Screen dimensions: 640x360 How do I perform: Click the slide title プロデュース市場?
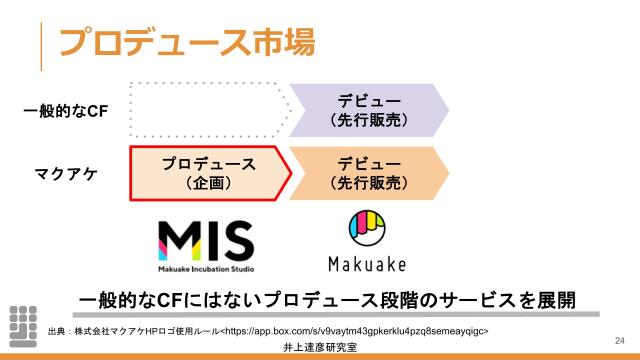(187, 41)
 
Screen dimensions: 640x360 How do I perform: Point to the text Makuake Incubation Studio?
(207, 269)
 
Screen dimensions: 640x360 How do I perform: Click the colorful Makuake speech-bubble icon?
(368, 230)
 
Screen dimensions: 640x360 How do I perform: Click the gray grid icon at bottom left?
(22, 325)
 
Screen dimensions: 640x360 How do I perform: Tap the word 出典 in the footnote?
(56, 330)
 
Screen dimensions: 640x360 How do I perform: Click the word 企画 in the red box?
(209, 183)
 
